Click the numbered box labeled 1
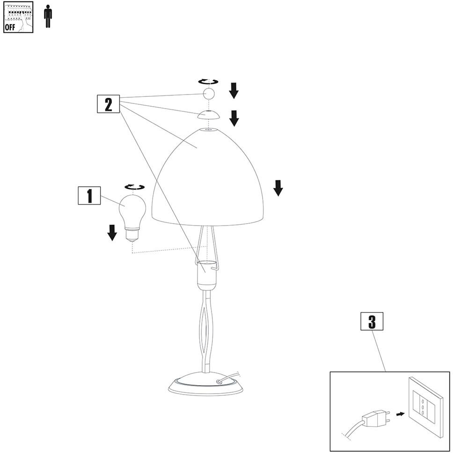pos(89,196)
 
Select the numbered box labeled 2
pos(109,104)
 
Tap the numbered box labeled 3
pos(372,321)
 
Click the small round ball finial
pos(208,94)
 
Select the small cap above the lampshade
pos(208,115)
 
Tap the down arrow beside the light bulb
pos(112,232)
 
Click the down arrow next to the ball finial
pos(234,90)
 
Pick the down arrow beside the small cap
pos(234,118)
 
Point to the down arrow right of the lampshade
pos(278,187)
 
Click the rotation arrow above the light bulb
pos(134,187)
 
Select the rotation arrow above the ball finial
pos(208,81)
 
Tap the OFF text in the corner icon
pos(10,27)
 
